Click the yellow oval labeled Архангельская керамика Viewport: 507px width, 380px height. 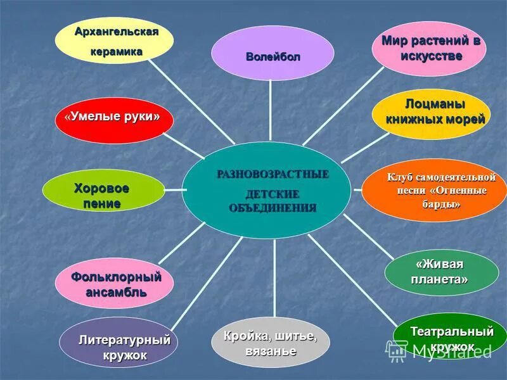114,39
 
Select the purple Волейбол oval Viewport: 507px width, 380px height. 273,54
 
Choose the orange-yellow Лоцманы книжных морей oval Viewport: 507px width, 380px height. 431,111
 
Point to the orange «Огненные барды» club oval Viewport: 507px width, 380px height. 433,189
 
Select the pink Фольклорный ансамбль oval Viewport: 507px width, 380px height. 114,284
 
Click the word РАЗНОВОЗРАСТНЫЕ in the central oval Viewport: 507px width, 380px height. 273,175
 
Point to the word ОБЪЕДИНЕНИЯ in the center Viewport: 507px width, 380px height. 273,208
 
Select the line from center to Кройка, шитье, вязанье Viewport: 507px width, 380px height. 274,279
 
